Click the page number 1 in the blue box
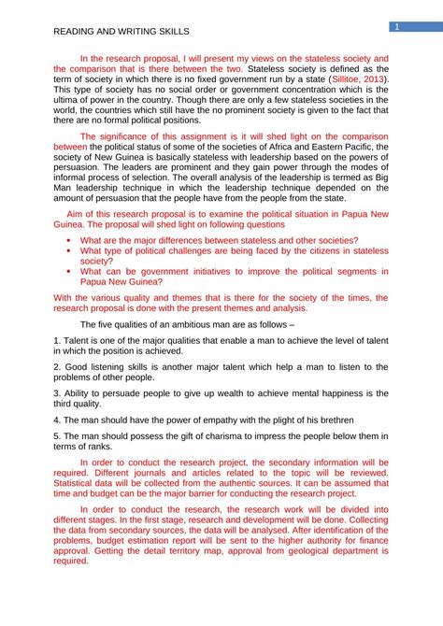(397, 27)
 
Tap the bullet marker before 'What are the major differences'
(69, 240)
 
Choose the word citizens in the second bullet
(311, 250)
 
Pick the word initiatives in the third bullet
(211, 271)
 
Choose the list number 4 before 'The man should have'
(56, 420)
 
